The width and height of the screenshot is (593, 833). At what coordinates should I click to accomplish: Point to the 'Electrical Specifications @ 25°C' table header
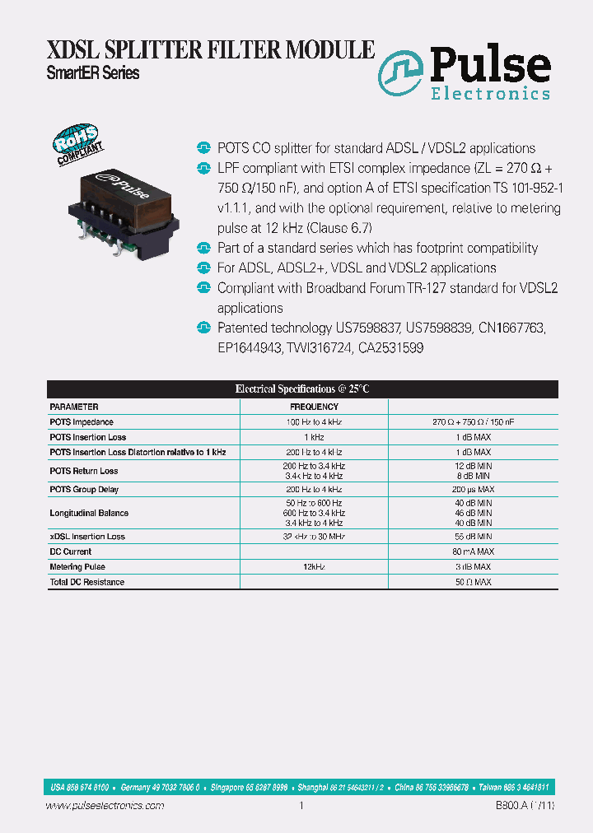point(296,389)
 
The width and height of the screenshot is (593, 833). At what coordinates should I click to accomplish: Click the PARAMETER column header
point(74,407)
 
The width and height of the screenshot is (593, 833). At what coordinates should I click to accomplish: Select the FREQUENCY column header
point(313,407)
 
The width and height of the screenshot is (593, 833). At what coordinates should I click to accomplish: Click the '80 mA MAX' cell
point(473,551)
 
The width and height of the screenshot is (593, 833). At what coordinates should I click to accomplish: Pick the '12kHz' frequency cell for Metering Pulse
point(313,566)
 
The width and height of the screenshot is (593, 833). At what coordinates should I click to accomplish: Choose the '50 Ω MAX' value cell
point(473,582)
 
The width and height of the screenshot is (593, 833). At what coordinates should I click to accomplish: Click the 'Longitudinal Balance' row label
point(89,513)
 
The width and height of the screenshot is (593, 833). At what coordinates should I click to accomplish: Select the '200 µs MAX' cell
point(473,489)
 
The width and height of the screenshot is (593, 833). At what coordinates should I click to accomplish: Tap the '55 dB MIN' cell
point(473,536)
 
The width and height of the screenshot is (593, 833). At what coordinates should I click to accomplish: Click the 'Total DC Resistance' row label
point(86,582)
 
